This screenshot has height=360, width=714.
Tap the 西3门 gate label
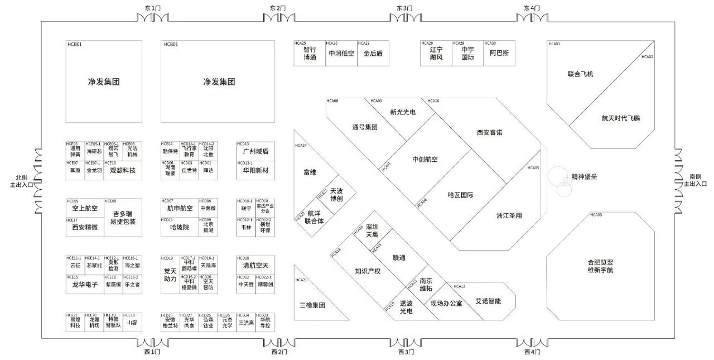pyautogui.click(x=406, y=352)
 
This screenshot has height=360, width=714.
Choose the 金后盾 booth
pyautogui.click(x=373, y=54)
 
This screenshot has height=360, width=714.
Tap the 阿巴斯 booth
pyautogui.click(x=499, y=54)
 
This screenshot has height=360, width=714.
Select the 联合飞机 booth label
pyautogui.click(x=580, y=74)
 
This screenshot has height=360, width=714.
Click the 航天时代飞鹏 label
pyautogui.click(x=620, y=118)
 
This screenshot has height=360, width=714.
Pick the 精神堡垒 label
pyautogui.click(x=584, y=177)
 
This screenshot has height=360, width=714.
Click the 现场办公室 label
pyautogui.click(x=446, y=304)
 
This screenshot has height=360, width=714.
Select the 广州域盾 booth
pyautogui.click(x=255, y=152)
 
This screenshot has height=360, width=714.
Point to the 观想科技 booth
pyautogui.click(x=122, y=170)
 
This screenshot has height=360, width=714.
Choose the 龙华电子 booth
pyautogui.click(x=83, y=284)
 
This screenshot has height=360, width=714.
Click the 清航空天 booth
pyautogui.click(x=255, y=266)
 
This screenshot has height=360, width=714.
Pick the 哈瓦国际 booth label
pyautogui.click(x=460, y=195)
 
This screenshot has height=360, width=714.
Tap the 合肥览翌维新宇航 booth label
pyautogui.click(x=600, y=266)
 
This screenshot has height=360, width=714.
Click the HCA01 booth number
pyautogui.click(x=554, y=44)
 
